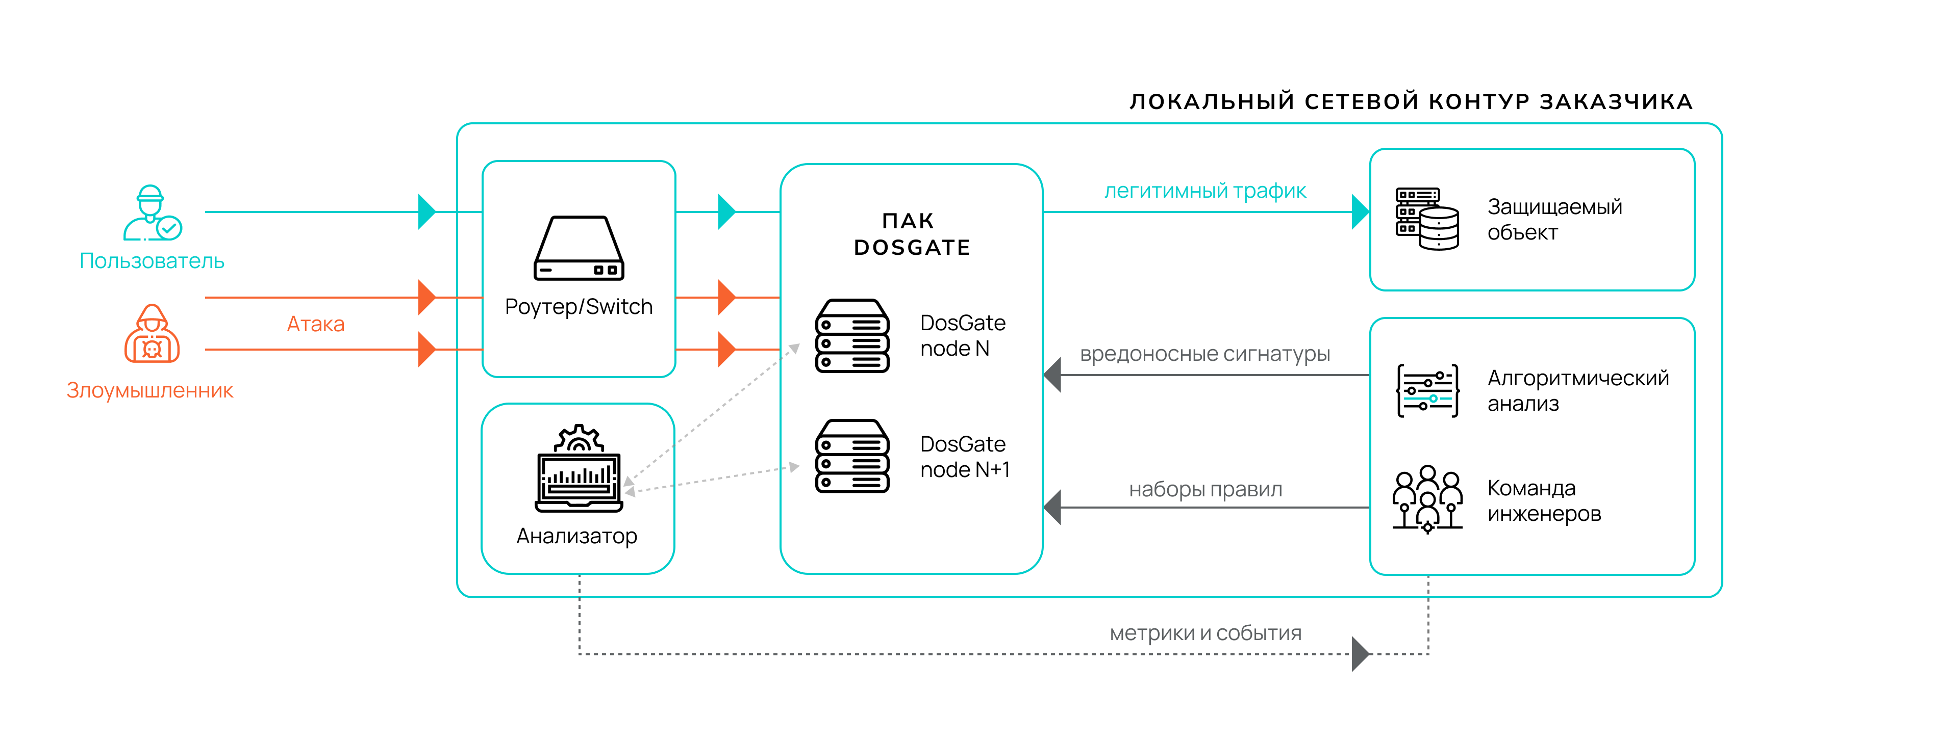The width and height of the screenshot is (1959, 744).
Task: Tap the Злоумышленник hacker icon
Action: click(x=152, y=334)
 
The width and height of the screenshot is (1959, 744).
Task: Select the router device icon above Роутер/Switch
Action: click(x=579, y=249)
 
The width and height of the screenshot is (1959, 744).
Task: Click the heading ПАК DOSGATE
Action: click(x=911, y=234)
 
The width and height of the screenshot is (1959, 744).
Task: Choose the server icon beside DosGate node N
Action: click(x=852, y=336)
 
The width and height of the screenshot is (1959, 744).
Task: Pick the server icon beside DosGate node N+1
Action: click(x=852, y=456)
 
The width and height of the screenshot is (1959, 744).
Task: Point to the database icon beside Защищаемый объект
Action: click(x=1427, y=219)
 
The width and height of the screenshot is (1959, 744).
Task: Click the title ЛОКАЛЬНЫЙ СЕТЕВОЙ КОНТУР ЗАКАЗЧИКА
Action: click(x=1411, y=102)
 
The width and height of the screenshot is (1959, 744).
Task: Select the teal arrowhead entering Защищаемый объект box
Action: click(x=1360, y=212)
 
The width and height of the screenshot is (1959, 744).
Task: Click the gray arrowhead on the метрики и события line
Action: click(x=1360, y=654)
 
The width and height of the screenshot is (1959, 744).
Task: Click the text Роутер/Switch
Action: click(x=579, y=307)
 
